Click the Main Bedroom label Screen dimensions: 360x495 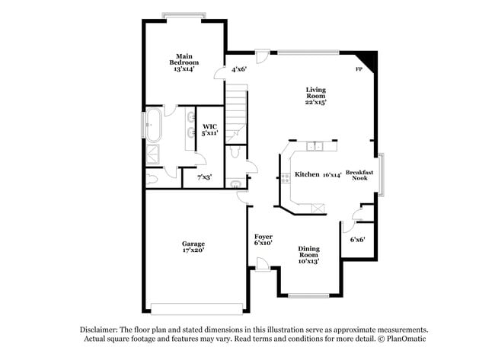[183, 62]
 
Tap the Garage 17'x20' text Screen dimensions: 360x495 [193, 247]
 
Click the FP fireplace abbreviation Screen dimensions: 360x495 [359, 69]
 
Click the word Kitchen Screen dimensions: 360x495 [307, 174]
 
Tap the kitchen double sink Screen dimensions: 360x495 [315, 145]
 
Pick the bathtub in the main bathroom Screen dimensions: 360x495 [154, 126]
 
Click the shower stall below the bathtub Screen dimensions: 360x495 [153, 153]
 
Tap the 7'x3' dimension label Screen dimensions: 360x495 [204, 177]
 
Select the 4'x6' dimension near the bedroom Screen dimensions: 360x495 [239, 69]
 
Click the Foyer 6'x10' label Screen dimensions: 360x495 [263, 240]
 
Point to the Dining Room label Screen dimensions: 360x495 [308, 254]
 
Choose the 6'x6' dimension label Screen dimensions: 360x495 [357, 239]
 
